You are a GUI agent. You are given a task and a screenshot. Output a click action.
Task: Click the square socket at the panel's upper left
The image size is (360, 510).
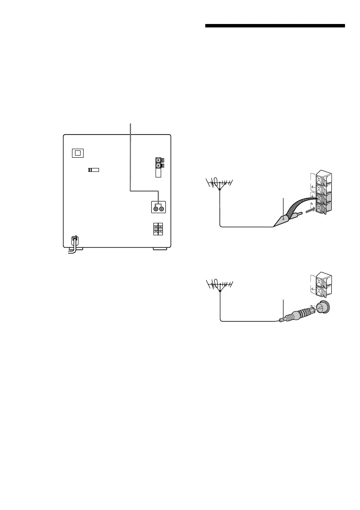click(x=78, y=153)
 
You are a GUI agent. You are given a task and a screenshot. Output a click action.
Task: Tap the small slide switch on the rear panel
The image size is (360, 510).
click(x=93, y=170)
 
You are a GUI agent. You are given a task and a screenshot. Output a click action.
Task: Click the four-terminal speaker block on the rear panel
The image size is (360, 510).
click(x=158, y=229)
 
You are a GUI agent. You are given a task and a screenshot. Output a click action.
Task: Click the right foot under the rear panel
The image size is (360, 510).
click(x=159, y=249)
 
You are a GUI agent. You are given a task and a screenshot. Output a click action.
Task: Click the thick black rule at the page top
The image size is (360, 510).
click(x=275, y=26)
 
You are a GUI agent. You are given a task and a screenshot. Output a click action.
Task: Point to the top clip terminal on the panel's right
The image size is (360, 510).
click(x=159, y=160)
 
